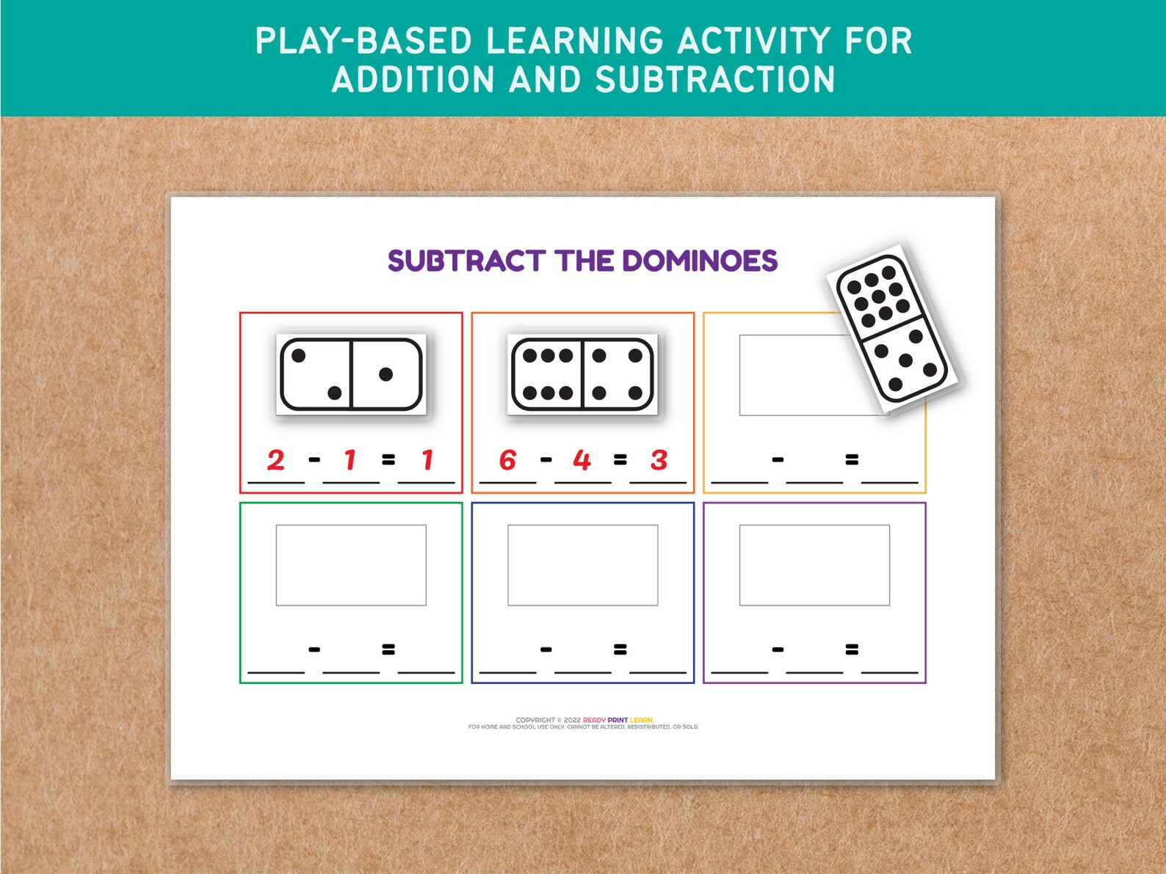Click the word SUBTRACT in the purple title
click(x=466, y=261)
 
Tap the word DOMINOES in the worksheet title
click(x=699, y=261)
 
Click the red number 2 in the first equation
click(x=275, y=460)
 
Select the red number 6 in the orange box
click(x=507, y=460)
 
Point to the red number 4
click(x=582, y=460)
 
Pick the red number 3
click(x=659, y=460)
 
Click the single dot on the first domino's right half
click(x=385, y=374)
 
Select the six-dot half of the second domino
click(x=547, y=374)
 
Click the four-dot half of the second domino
click(x=617, y=374)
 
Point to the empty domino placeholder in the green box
click(x=351, y=565)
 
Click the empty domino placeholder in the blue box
click(x=582, y=565)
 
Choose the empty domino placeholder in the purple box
click(x=814, y=565)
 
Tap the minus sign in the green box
click(x=314, y=649)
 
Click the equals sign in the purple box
click(x=852, y=649)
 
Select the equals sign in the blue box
click(x=620, y=649)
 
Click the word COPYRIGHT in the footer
click(x=535, y=720)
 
